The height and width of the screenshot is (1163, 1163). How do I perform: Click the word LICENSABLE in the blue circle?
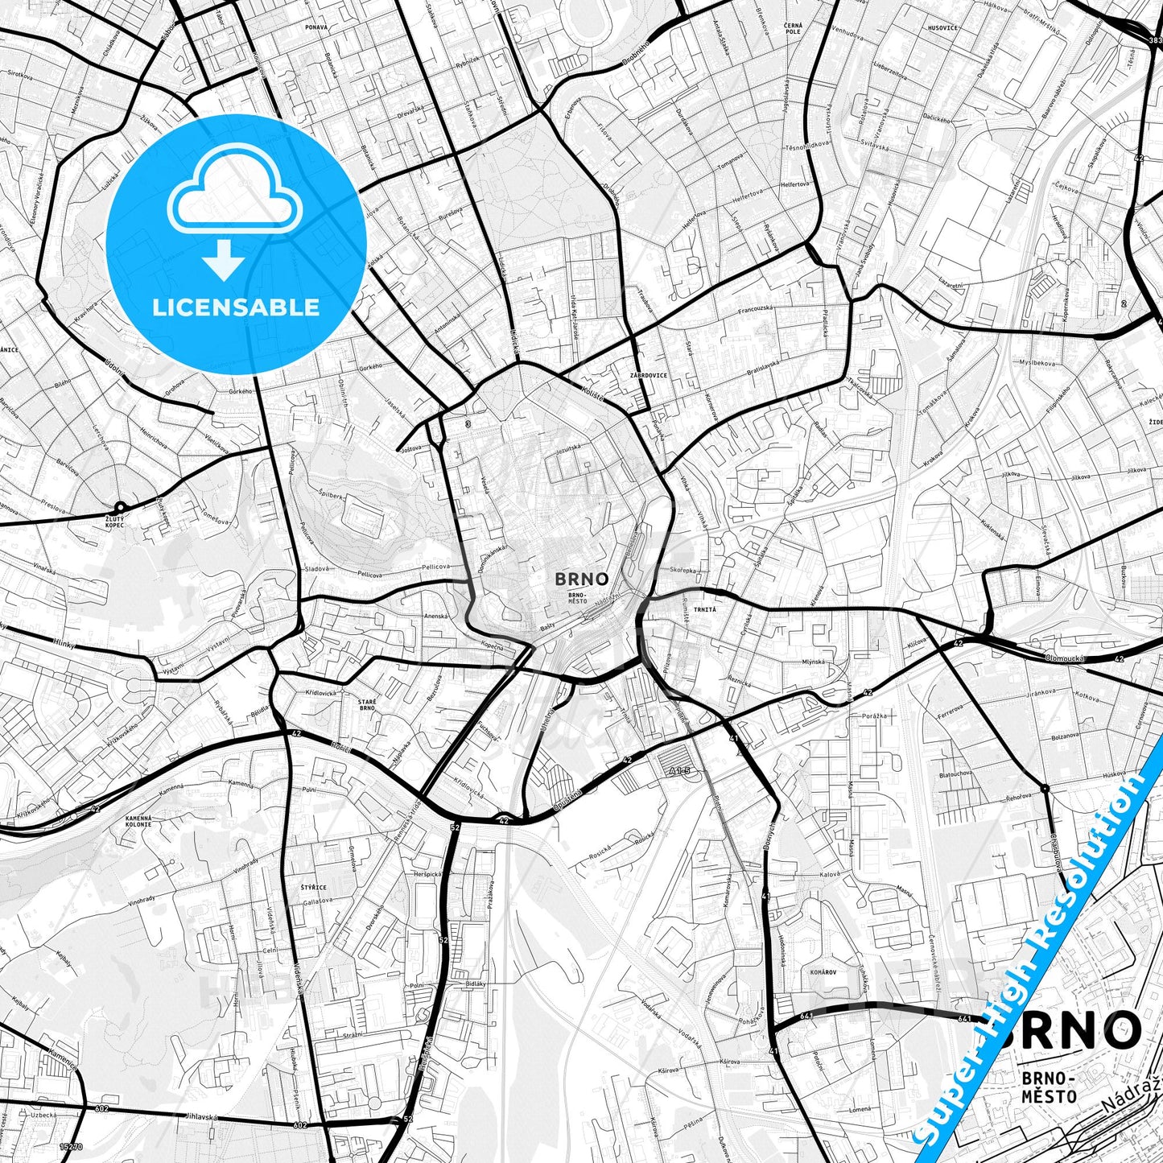coord(236,307)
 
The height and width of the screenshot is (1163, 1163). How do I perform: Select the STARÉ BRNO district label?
coord(366,704)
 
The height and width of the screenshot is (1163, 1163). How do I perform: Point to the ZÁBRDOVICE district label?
coord(649,375)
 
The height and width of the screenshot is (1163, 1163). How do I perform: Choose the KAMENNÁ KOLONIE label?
coord(138,821)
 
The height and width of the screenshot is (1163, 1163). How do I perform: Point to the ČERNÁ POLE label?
coord(793,31)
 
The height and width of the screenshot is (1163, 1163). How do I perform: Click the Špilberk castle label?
coord(332,492)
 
